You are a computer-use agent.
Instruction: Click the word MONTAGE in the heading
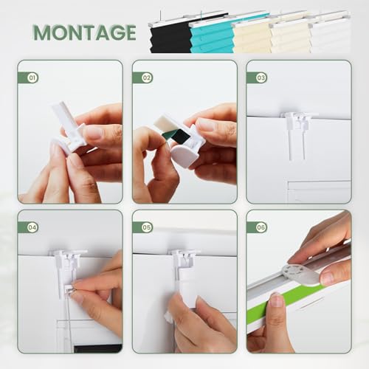point(85,32)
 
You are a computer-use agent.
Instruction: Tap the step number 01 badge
point(32,77)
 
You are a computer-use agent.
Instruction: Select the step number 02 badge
point(147,77)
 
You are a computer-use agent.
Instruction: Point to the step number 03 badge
point(261,77)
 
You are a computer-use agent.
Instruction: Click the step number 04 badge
point(32,227)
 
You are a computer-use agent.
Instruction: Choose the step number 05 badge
point(147,227)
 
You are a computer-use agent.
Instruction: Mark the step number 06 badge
point(261,227)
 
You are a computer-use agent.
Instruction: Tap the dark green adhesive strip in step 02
point(176,137)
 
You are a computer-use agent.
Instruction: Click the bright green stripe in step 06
point(286,301)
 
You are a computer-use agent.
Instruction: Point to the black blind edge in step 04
point(98,348)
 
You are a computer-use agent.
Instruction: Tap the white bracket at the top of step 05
point(184,261)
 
